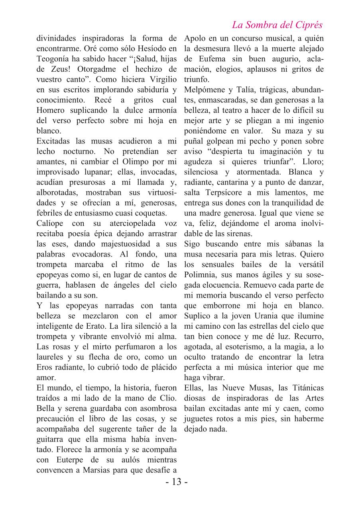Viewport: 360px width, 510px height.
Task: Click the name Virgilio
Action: click(160, 80)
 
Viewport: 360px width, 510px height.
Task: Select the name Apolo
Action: click(196, 39)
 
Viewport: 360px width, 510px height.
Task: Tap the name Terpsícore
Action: click(220, 192)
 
